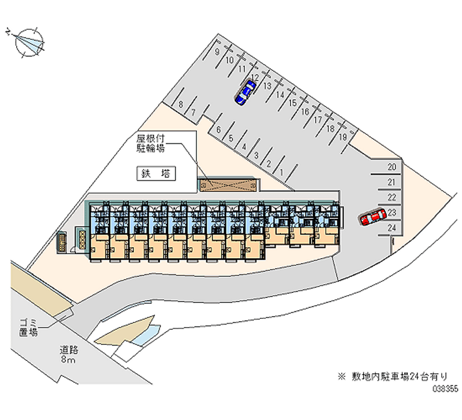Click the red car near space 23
pyautogui.click(x=372, y=217)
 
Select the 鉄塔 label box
pyautogui.click(x=156, y=173)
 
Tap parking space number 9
pyautogui.click(x=217, y=51)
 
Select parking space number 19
pyautogui.click(x=342, y=137)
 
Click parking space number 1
pyautogui.click(x=281, y=172)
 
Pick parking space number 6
pyautogui.click(x=218, y=130)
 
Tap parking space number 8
pyautogui.click(x=181, y=105)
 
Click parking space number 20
pyautogui.click(x=391, y=168)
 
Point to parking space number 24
pyautogui.click(x=391, y=228)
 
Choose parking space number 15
pyautogui.click(x=292, y=102)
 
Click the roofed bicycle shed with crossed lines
pyautogui.click(x=228, y=185)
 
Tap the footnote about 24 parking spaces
pyautogui.click(x=398, y=376)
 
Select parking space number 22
pyautogui.click(x=391, y=198)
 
